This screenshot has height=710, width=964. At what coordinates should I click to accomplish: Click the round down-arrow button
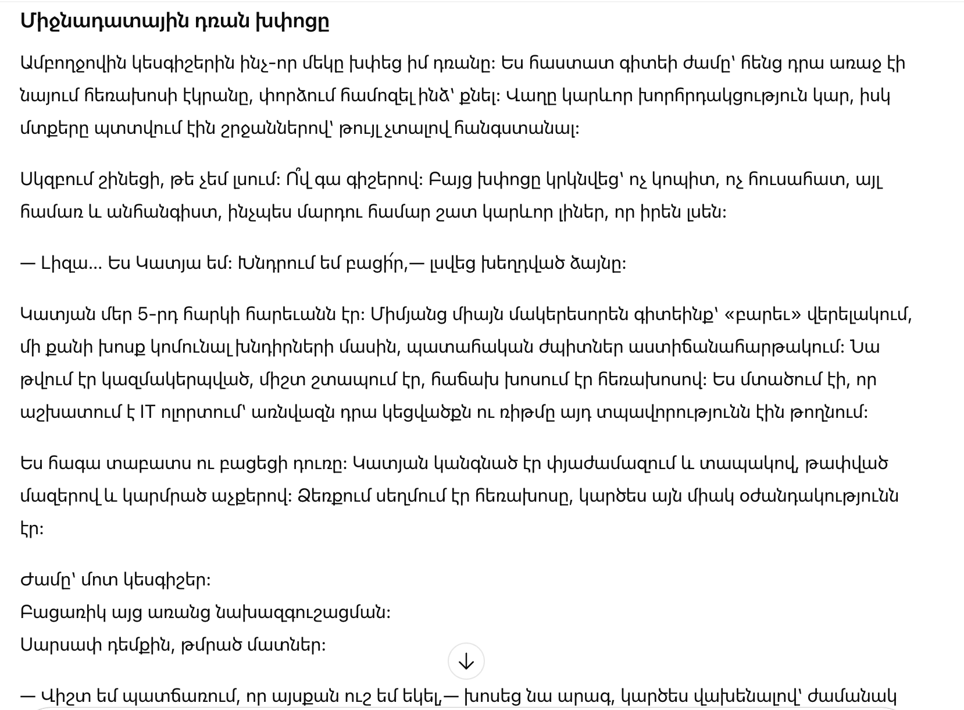point(466,661)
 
